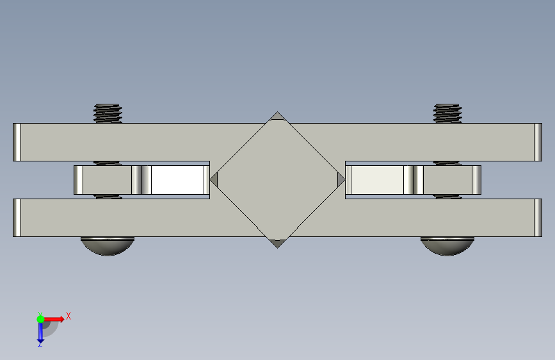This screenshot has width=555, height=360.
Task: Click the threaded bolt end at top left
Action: click(108, 113)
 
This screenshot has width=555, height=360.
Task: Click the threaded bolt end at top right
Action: click(447, 113)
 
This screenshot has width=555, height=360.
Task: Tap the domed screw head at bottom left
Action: click(108, 246)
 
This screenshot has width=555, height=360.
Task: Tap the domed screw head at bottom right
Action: click(447, 246)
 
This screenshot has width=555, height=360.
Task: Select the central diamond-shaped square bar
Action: click(278, 180)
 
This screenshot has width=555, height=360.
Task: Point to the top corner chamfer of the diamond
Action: click(278, 116)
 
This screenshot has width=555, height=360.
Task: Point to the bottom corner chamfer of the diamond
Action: click(278, 244)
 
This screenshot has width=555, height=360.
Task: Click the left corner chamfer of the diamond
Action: click(214, 180)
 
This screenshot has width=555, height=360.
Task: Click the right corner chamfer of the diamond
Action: click(341, 180)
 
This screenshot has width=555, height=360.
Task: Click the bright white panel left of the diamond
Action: click(177, 180)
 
